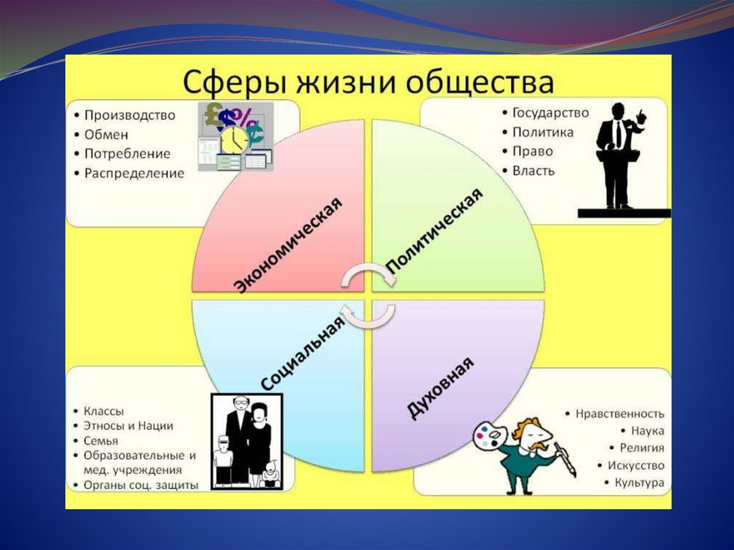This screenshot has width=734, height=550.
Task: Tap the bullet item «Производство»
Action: (130, 115)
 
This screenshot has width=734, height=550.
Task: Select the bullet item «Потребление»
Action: (127, 153)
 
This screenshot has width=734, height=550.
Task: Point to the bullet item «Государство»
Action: (550, 113)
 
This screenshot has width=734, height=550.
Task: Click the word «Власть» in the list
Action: (533, 171)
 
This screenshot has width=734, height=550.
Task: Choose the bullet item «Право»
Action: (533, 151)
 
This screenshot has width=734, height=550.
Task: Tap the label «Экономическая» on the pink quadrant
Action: (287, 244)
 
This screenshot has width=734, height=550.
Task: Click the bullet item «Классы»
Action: (104, 411)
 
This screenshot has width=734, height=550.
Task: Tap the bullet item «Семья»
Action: (101, 440)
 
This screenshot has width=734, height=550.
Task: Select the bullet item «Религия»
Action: (642, 448)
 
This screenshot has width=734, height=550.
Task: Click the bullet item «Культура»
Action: (639, 483)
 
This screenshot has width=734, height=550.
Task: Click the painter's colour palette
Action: (490, 436)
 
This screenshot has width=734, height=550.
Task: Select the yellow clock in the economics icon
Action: (233, 141)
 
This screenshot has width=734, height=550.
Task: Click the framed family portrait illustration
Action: (247, 442)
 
